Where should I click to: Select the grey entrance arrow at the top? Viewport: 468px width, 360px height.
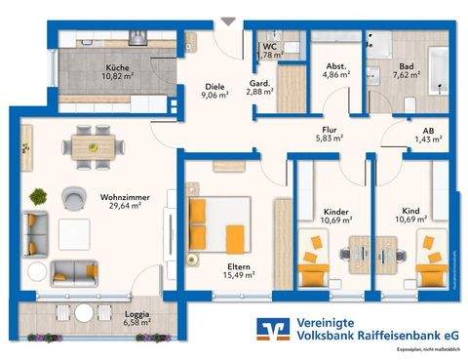[x=228, y=20]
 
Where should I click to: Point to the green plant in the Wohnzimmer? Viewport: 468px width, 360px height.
[x=39, y=196]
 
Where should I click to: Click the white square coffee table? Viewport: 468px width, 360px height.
[x=74, y=233]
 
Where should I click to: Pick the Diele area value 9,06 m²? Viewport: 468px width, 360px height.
[x=214, y=96]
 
